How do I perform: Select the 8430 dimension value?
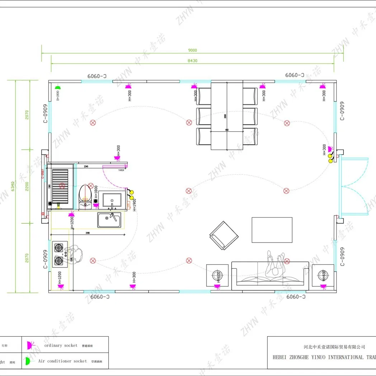(193, 61)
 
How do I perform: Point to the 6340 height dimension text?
(13, 186)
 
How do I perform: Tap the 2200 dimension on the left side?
(27, 186)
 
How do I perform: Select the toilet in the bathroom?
(84, 196)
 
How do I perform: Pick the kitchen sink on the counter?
(110, 220)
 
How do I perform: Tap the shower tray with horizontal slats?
(60, 185)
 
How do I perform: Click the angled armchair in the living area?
(224, 235)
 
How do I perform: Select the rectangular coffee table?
(272, 230)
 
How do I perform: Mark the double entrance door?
(354, 186)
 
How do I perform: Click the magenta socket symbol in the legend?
(30, 346)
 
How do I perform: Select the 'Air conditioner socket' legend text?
(62, 361)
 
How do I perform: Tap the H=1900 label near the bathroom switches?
(134, 205)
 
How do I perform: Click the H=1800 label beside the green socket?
(57, 95)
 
